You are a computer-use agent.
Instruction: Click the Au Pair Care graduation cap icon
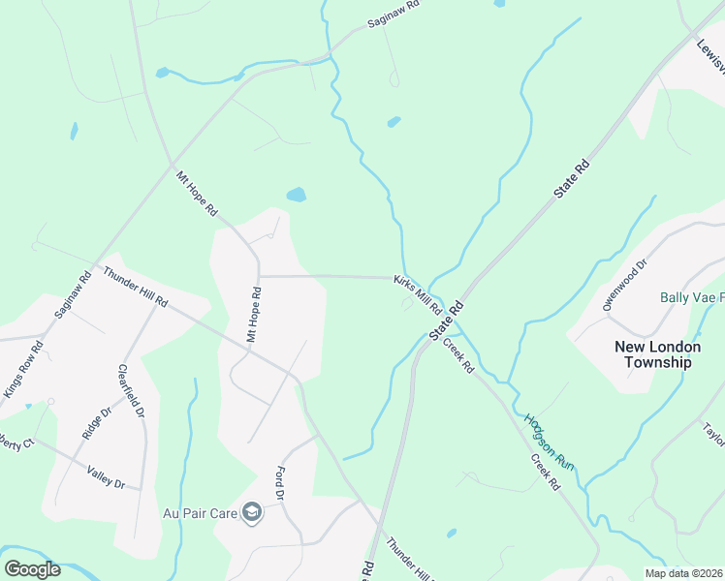252,512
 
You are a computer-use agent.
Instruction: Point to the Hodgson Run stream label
550,443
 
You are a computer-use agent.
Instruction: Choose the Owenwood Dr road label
623,286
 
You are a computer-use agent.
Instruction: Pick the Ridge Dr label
93,422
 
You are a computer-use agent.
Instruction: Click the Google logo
32,568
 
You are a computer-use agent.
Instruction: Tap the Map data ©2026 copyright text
683,573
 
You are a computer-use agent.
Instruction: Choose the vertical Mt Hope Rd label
254,315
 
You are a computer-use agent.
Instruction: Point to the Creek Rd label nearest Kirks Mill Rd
458,354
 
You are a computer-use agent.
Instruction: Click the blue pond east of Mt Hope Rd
297,195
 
